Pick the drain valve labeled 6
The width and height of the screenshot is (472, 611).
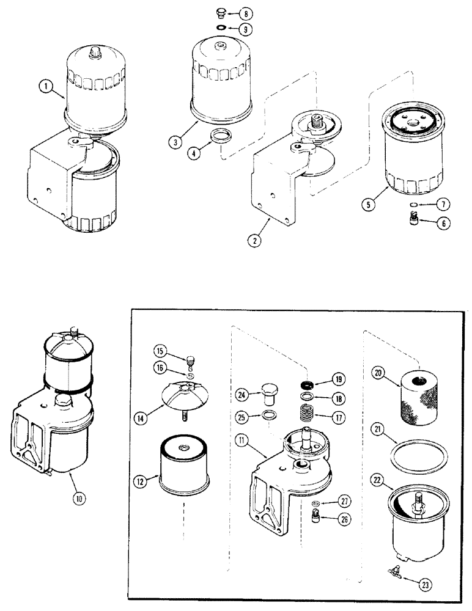(413, 218)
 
